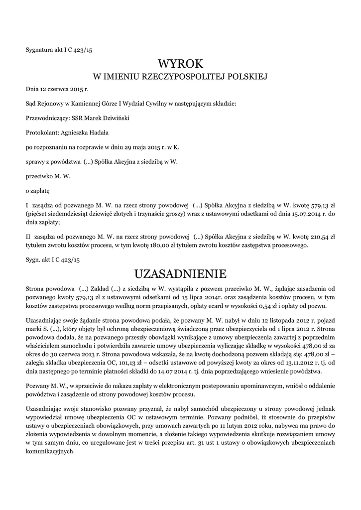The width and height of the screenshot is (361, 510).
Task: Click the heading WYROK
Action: [x=180, y=64]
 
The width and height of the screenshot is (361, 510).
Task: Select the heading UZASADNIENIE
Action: [x=180, y=274]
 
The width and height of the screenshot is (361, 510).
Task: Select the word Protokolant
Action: [x=42, y=132]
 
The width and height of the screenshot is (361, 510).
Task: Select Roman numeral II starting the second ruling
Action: [x=28, y=237]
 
